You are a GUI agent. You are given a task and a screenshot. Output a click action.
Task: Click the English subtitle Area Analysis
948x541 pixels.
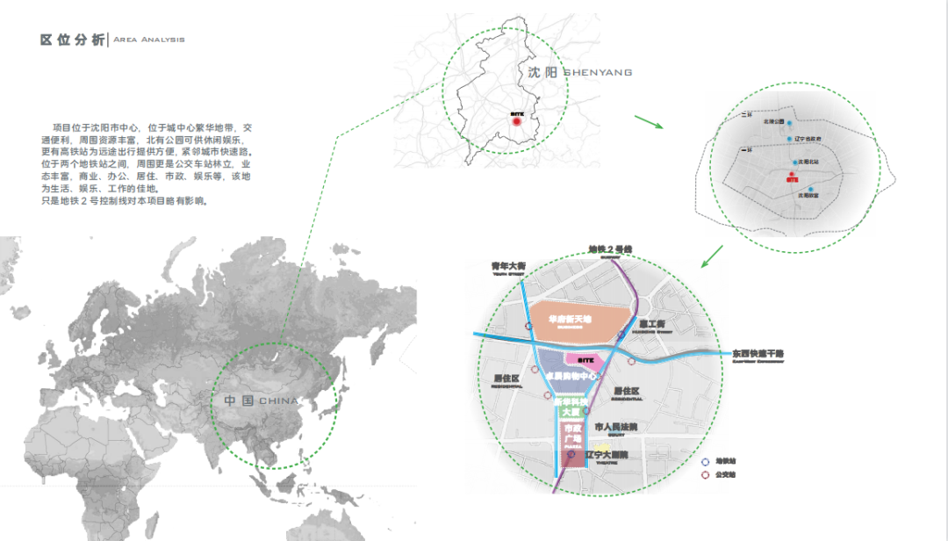pyautogui.click(x=149, y=40)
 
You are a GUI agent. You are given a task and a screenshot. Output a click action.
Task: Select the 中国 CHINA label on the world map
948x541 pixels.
pyautogui.click(x=261, y=400)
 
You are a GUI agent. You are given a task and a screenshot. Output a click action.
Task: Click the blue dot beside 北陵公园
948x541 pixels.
pyautogui.click(x=789, y=123)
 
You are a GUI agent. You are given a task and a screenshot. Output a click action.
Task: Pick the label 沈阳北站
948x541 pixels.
pyautogui.click(x=810, y=162)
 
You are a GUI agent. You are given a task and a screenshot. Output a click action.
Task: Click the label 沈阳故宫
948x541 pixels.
pyautogui.click(x=808, y=196)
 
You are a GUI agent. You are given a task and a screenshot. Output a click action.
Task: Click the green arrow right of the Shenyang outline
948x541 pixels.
pyautogui.click(x=649, y=122)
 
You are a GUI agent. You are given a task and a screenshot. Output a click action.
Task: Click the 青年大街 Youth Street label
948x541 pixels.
pyautogui.click(x=509, y=265)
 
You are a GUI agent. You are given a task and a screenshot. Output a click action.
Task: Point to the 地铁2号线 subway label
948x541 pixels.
pyautogui.click(x=610, y=249)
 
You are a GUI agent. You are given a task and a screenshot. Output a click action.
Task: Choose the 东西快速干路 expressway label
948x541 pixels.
pyautogui.click(x=759, y=354)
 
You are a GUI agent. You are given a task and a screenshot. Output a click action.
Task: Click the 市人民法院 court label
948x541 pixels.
pyautogui.click(x=616, y=427)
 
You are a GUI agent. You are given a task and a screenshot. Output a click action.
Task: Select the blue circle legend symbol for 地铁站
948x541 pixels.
pyautogui.click(x=705, y=460)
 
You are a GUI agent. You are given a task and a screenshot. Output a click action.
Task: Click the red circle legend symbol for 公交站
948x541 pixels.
pyautogui.click(x=705, y=475)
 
